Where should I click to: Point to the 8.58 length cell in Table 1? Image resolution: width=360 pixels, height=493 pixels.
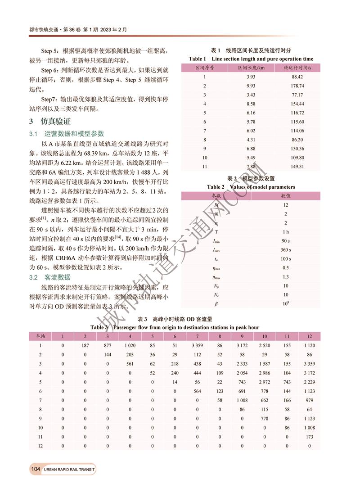pyautogui.click(x=251, y=104)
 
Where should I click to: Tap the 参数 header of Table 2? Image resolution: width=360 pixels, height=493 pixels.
pyautogui.click(x=216, y=196)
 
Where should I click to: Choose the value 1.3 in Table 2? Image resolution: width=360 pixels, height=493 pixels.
pyautogui.click(x=286, y=277)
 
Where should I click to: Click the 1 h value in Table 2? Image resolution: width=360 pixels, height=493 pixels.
pyautogui.click(x=286, y=232)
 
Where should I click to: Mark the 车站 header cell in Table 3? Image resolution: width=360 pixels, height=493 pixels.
pyautogui.click(x=40, y=336)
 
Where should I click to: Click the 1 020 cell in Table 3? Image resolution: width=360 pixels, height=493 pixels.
pyautogui.click(x=129, y=345)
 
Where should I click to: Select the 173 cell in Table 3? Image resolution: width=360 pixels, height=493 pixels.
pyautogui.click(x=309, y=437)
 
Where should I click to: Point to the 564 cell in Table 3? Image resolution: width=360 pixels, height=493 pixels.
pyautogui.click(x=197, y=391)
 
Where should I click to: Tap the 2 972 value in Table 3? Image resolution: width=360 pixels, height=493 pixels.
pyautogui.click(x=264, y=382)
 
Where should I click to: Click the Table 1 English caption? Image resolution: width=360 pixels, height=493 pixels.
pyautogui.click(x=251, y=59)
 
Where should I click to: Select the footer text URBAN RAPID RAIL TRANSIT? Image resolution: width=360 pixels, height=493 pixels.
pyautogui.click(x=70, y=470)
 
